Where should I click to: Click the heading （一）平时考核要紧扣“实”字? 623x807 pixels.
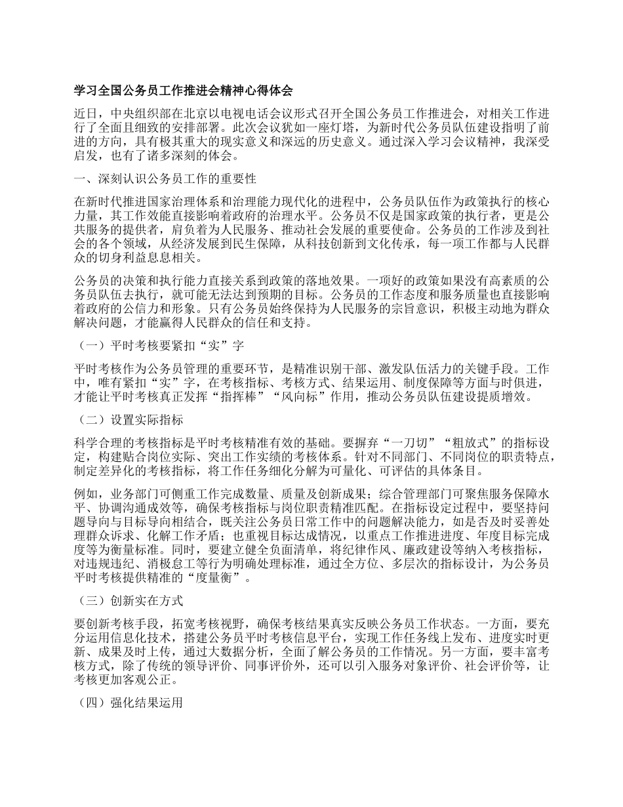pos(161,344)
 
